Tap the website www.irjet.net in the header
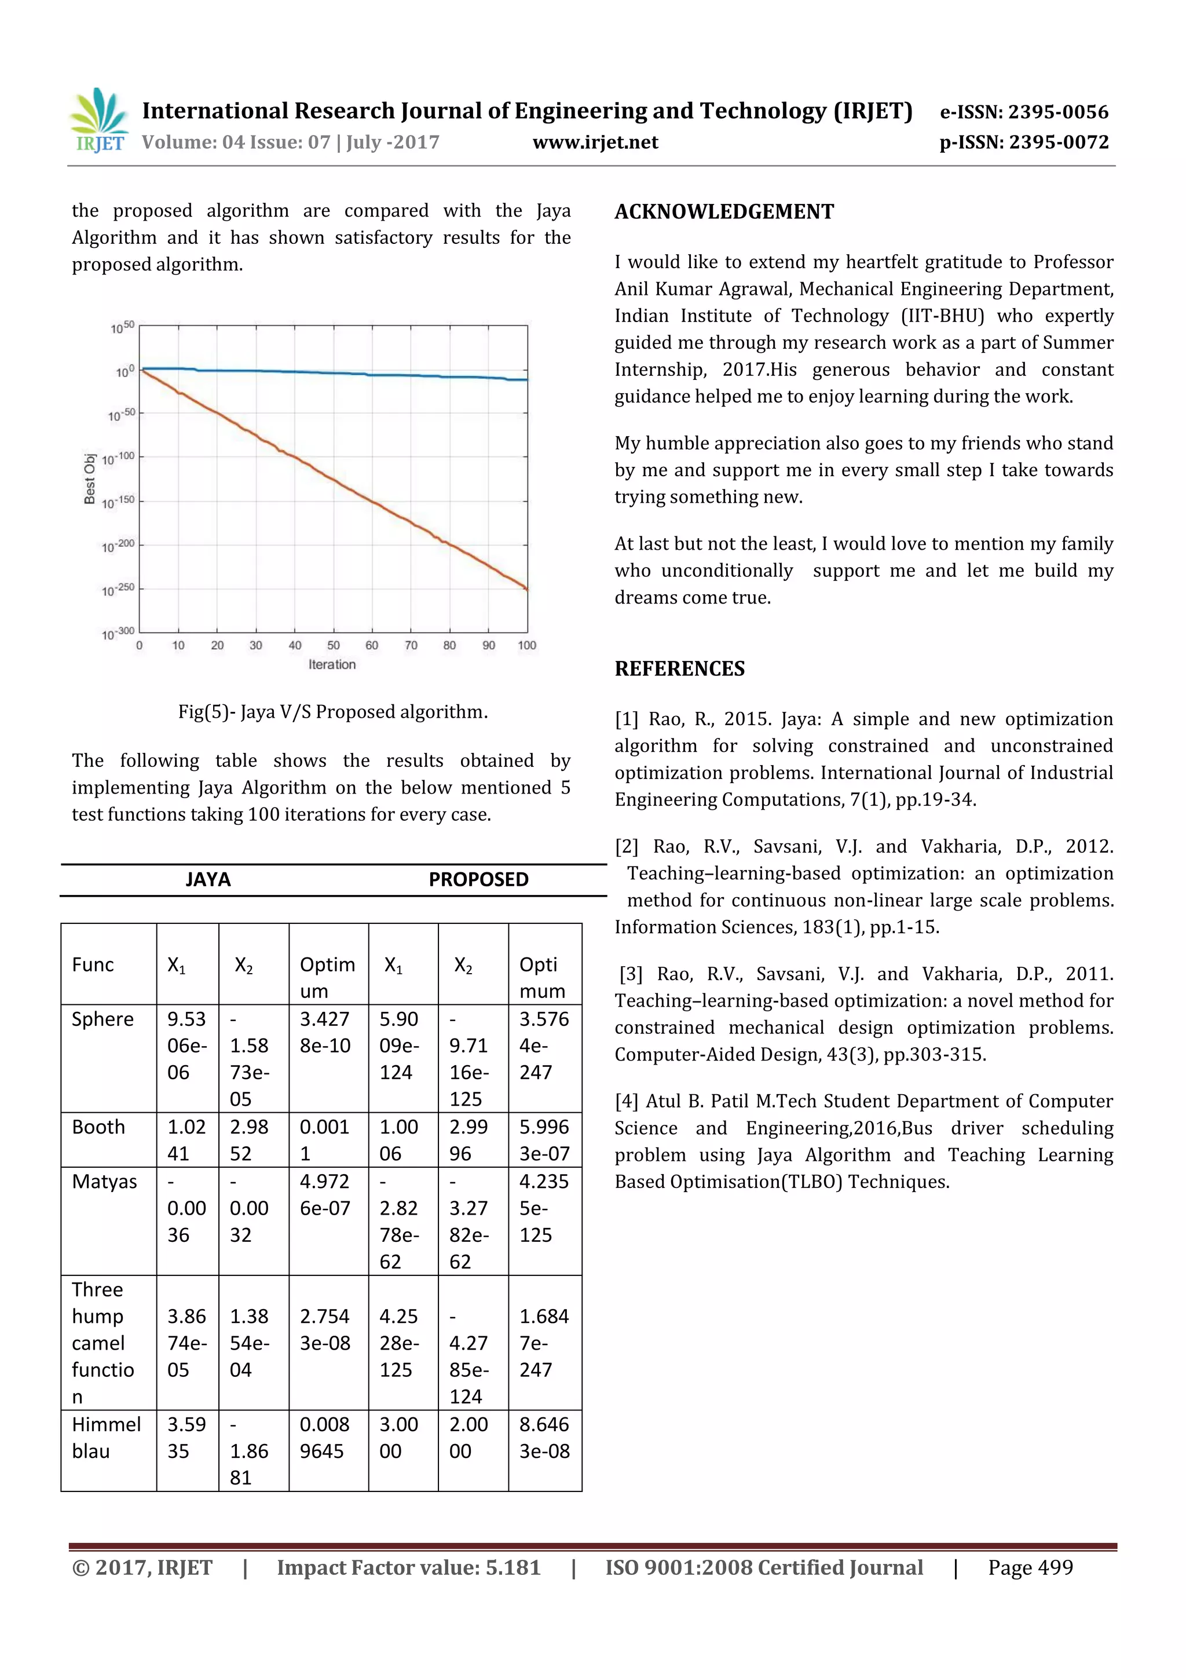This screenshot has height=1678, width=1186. [x=595, y=142]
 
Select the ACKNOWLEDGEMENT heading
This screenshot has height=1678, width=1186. [x=723, y=212]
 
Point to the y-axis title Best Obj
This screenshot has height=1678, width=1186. [x=90, y=478]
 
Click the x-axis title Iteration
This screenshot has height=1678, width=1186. [x=332, y=664]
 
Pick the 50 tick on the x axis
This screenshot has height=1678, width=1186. [x=333, y=645]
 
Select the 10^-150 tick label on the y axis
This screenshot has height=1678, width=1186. [x=118, y=502]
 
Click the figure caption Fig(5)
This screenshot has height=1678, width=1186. [x=332, y=712]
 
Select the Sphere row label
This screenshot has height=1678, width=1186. [x=103, y=1019]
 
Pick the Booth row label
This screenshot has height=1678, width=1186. [x=98, y=1127]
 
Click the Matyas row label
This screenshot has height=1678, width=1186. [x=104, y=1181]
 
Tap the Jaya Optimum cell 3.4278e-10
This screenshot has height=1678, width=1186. [x=325, y=1032]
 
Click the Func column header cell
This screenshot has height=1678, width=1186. [x=93, y=965]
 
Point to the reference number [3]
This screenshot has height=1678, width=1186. [x=631, y=974]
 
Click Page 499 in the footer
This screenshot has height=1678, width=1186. [x=1030, y=1567]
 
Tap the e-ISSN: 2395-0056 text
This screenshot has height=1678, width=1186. [x=1023, y=112]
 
